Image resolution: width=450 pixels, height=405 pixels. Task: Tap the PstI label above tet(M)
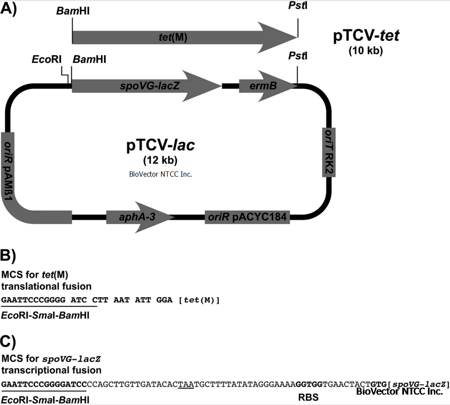tap(298, 7)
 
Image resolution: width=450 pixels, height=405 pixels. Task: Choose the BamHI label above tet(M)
tap(73, 10)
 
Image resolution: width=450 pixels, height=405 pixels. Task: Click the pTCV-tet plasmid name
tap(366, 36)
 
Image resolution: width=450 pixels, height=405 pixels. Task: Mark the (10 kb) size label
tap(365, 51)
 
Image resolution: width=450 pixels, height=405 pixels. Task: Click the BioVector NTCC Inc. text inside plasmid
tap(161, 174)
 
